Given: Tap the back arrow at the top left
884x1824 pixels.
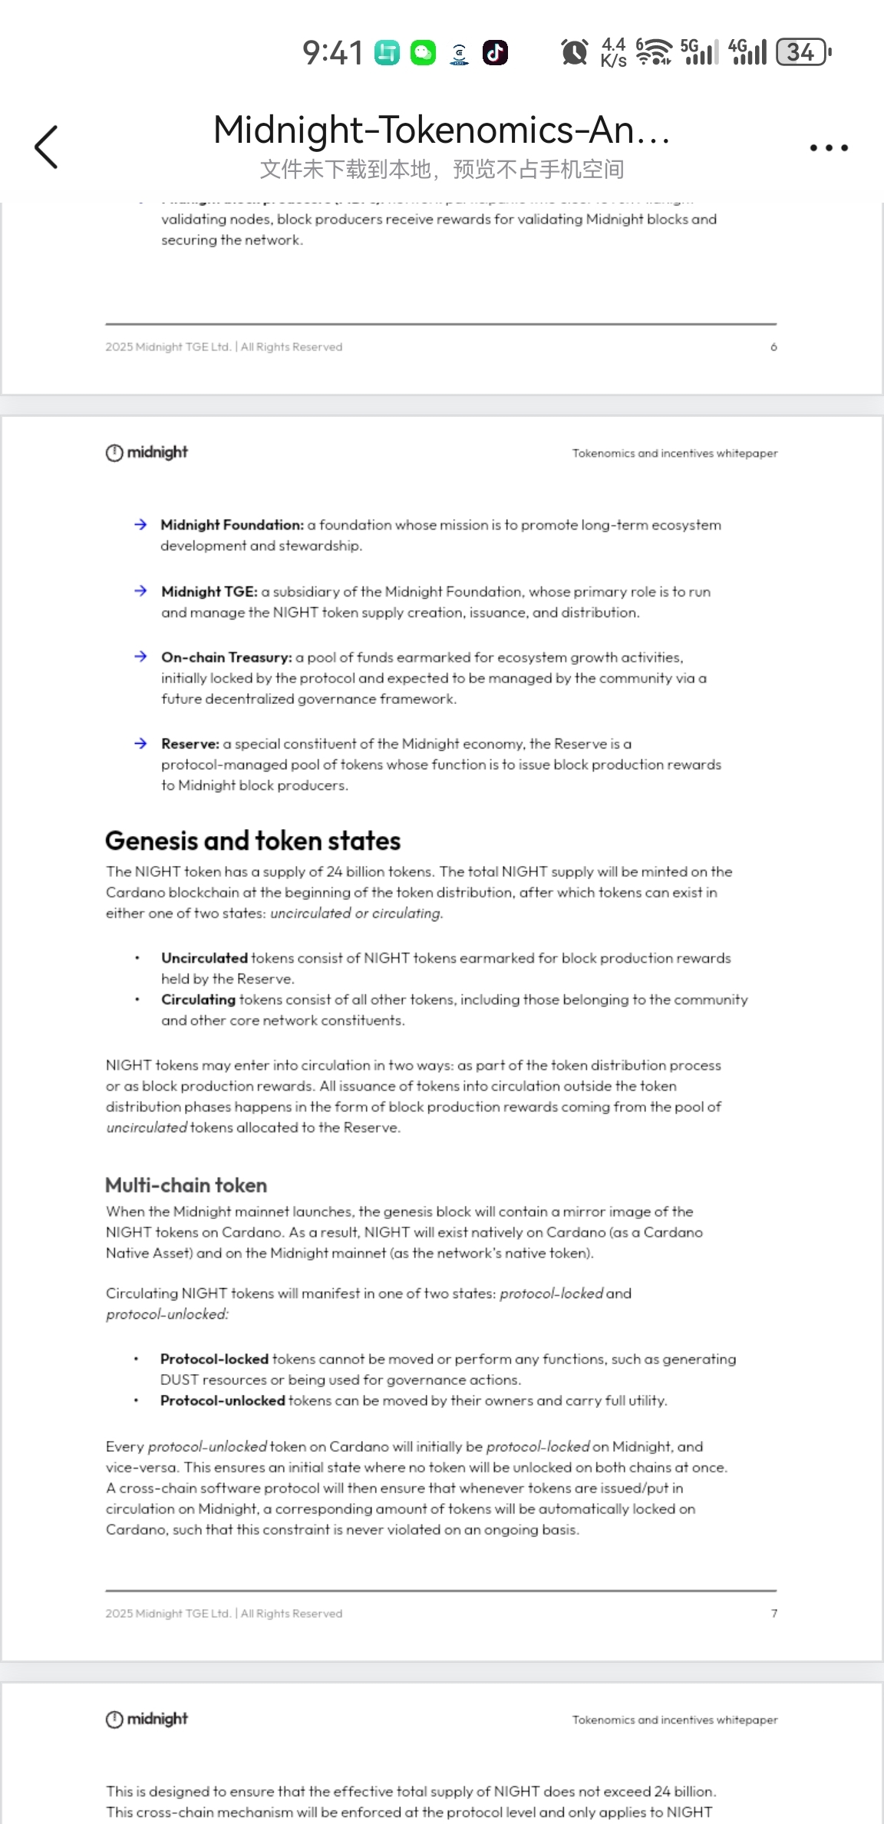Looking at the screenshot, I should tap(46, 147).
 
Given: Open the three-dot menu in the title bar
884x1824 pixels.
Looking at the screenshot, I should tap(829, 147).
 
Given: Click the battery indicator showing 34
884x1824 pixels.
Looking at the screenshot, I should tap(803, 52).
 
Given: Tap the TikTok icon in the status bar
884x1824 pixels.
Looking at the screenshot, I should tap(495, 52).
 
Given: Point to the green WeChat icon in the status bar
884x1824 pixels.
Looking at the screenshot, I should tap(423, 52).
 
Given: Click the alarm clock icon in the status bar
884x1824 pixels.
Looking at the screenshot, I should tap(574, 52).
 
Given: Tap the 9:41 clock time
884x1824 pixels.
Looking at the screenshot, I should tap(332, 53).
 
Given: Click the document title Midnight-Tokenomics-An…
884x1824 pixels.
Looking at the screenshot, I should tap(441, 130).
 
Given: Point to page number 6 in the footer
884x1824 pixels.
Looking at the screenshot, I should tap(773, 347).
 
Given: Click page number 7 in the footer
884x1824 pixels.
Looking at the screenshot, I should tap(773, 1614).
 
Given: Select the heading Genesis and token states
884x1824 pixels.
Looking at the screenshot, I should tap(252, 841).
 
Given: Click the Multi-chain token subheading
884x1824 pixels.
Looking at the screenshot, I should tap(186, 1185).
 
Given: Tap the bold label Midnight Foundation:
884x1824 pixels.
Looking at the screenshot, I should tap(232, 525).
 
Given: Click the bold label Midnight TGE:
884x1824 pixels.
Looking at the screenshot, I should tap(209, 592).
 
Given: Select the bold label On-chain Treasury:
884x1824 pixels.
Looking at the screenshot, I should tap(226, 658).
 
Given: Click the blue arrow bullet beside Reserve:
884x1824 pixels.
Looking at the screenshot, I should tap(140, 743).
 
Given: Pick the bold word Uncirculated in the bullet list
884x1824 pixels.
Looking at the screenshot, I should tap(204, 958).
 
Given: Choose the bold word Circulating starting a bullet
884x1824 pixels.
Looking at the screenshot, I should tap(198, 1000).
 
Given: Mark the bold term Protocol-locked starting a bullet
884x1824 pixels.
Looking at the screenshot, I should tap(214, 1359).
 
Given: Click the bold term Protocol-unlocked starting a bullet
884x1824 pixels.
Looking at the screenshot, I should tap(223, 1400).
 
